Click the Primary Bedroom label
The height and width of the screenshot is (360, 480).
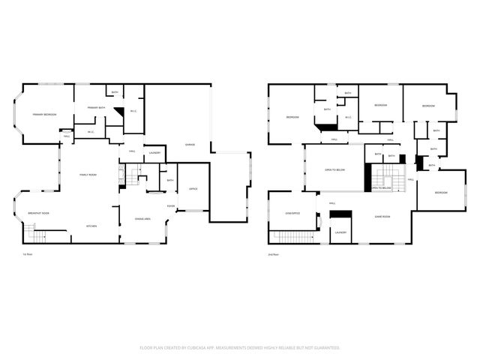point(43,115)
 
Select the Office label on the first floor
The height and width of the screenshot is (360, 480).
point(193,188)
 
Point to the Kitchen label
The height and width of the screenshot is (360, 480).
point(91,226)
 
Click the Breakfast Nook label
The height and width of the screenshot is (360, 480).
point(38,213)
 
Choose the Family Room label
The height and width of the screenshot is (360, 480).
point(88,175)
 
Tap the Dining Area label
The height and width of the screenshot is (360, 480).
point(142,218)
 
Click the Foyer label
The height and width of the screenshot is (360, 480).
point(171,205)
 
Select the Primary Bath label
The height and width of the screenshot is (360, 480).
point(95,109)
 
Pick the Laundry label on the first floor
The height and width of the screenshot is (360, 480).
point(154,153)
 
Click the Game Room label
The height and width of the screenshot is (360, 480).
point(382,217)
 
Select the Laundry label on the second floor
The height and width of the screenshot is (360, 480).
point(340,232)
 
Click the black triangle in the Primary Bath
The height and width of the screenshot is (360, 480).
point(118,111)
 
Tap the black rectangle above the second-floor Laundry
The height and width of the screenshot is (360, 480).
point(340,215)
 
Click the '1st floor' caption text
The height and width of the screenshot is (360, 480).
point(27,255)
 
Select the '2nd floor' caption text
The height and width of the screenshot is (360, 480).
point(274,255)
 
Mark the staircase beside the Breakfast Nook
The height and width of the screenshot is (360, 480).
point(36,235)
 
